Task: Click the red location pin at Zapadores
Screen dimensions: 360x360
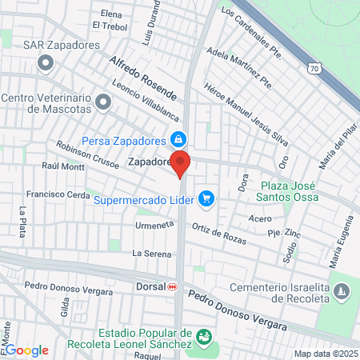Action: pos(181,163)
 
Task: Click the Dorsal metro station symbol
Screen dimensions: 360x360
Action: pos(173,286)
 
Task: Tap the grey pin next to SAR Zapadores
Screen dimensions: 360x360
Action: pos(46,62)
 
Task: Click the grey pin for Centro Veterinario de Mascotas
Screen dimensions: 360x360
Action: pos(102,102)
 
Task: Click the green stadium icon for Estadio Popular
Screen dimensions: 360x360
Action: pos(205,337)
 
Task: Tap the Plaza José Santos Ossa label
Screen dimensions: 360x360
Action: pos(290,191)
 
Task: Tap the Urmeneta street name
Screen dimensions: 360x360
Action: pos(155,226)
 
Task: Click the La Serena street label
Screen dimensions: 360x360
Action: pos(152,254)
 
